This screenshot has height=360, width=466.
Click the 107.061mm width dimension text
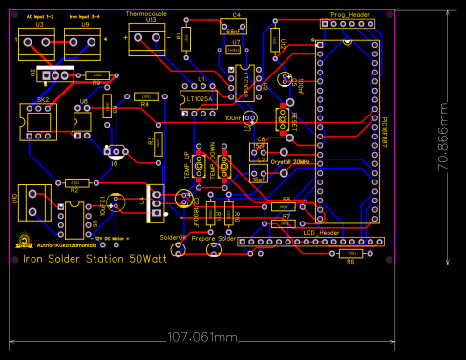pos(201,337)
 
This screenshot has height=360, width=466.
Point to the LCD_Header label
pos(322,233)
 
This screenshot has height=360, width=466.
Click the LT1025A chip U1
pos(201,95)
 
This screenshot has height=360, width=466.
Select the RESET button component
pos(282,119)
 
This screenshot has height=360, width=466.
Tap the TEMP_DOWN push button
pos(224,165)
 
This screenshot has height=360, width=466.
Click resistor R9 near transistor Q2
pos(95,74)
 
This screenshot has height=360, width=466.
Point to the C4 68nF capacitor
pos(235,25)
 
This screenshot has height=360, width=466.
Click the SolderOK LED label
pos(175,237)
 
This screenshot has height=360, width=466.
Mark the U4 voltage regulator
pos(153,201)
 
